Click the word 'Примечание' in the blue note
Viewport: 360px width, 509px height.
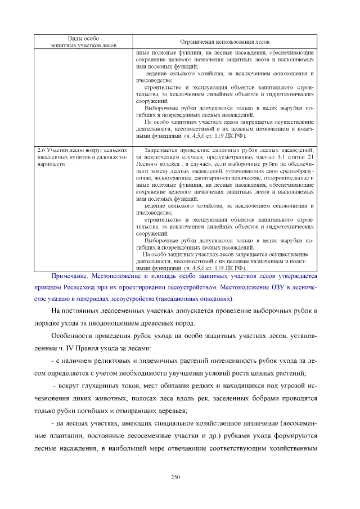(70, 277)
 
